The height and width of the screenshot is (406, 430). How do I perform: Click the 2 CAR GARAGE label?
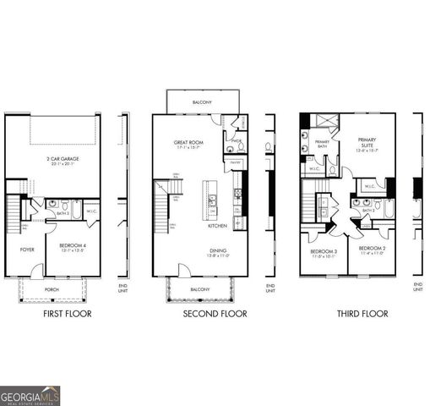57,158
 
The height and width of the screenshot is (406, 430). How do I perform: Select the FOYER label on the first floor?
26,250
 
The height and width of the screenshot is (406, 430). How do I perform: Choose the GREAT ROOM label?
189,142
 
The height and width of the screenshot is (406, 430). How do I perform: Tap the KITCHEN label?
217,226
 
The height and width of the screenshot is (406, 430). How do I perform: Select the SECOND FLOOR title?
215,314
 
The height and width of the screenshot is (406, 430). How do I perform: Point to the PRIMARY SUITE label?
367,142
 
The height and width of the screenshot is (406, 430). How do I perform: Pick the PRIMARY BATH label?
322,144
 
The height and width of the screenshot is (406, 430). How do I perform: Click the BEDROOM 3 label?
324,251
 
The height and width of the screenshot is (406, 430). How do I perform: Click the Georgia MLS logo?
29,394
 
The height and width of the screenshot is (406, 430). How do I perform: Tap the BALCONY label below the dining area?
201,289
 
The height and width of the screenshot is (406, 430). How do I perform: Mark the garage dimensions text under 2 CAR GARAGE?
57,165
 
